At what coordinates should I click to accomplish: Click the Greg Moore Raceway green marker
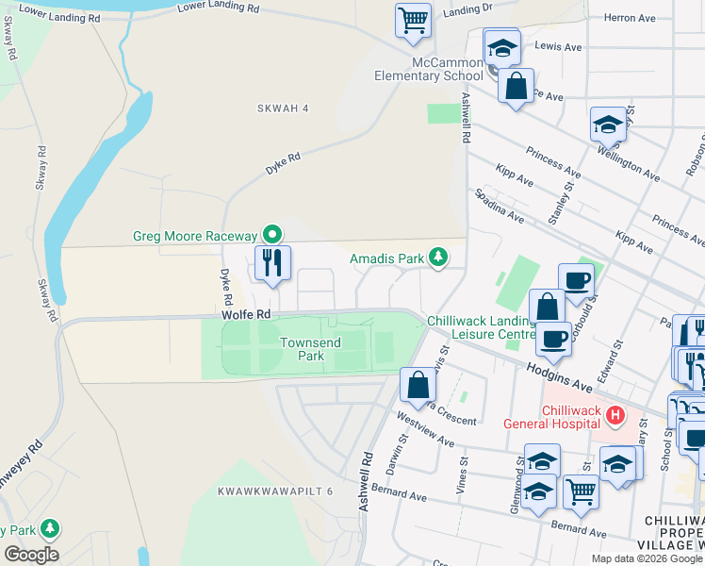point(272,234)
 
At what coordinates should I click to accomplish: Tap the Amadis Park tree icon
point(437,257)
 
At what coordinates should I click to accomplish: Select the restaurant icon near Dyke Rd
point(273,263)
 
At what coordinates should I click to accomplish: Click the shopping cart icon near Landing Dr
point(413,20)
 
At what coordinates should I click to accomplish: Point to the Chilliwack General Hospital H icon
point(615,414)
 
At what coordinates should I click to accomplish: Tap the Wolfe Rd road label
point(247,314)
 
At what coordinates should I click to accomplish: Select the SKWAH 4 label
point(283,108)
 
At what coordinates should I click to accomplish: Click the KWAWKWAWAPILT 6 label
point(275,491)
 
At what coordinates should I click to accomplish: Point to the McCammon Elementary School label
point(428,69)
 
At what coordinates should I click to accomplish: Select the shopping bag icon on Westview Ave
point(418,385)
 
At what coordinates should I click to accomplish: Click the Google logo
point(30,554)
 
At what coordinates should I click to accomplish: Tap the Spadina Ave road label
point(500,205)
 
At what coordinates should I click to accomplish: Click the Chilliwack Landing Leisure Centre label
point(482,327)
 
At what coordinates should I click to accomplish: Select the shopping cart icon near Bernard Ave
point(581,491)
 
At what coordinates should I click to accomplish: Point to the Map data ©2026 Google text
point(646,558)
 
